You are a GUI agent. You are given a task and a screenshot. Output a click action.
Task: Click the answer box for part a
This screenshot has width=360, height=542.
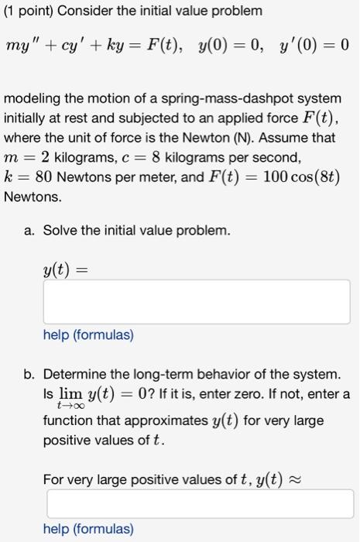click(x=197, y=302)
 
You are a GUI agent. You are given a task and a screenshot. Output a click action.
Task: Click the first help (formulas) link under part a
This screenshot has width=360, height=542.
click(x=88, y=336)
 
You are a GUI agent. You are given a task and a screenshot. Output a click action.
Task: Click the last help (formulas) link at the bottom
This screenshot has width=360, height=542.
click(x=88, y=529)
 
